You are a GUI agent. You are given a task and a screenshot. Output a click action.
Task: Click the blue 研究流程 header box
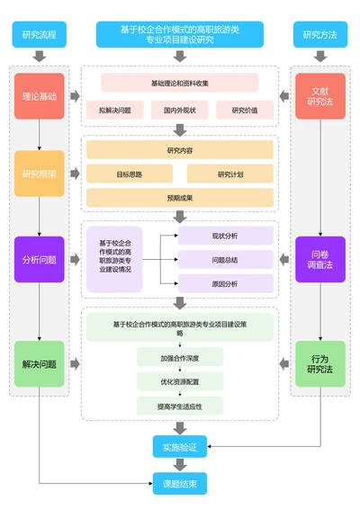click(39, 35)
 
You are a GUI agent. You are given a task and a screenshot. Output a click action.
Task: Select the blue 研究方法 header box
click(320, 35)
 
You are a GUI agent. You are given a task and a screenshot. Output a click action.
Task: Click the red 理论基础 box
click(39, 95)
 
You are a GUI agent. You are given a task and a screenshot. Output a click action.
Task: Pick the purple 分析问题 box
click(39, 259)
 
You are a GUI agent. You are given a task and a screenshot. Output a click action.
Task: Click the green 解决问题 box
click(39, 363)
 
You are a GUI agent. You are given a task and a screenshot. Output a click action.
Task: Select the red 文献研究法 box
click(320, 95)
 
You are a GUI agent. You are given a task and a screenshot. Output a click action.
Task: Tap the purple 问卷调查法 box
click(320, 259)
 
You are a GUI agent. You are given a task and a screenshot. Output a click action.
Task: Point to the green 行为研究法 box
click(320, 363)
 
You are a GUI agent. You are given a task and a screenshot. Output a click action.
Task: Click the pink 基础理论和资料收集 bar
click(179, 83)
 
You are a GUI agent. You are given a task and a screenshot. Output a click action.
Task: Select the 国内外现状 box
click(180, 110)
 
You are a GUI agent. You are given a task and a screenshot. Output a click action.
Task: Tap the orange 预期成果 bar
click(180, 197)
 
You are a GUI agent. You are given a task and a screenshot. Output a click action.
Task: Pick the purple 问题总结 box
click(225, 260)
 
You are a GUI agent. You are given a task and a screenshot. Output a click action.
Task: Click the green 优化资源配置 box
click(180, 381)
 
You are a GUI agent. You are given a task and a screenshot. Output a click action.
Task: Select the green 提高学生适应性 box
click(180, 406)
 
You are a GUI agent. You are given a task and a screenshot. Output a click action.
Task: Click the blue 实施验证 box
click(180, 445)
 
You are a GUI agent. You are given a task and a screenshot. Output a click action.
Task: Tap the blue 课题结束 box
click(180, 483)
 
